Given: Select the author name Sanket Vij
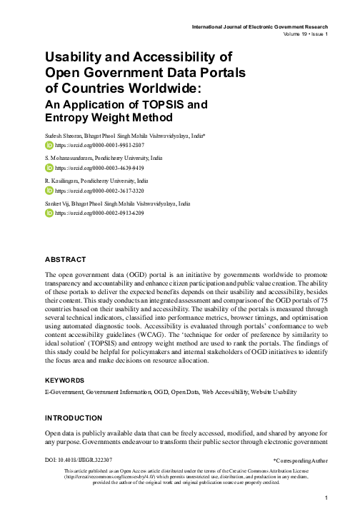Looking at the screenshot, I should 59,204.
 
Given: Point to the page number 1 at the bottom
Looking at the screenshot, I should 325,498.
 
